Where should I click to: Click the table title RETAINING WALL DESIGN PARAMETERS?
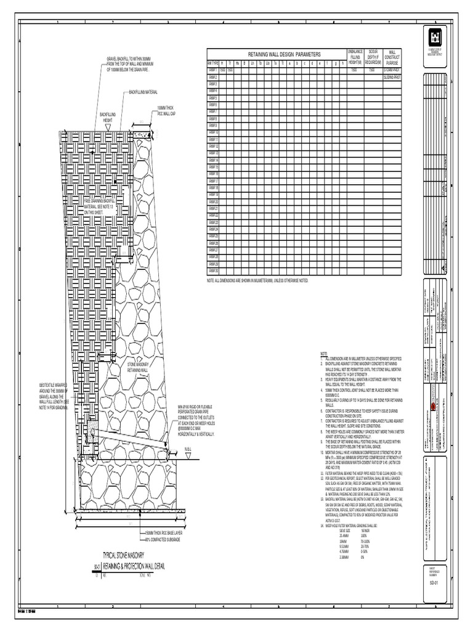tap(285, 55)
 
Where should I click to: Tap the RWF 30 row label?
tap(213, 271)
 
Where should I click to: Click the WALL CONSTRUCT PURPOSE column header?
tap(392, 57)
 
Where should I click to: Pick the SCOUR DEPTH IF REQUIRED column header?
tap(372, 57)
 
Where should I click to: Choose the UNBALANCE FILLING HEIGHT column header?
tap(355, 57)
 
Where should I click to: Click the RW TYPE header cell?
tap(213, 63)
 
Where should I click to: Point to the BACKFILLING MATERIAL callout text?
tap(143, 92)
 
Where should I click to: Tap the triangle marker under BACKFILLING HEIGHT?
tap(108, 128)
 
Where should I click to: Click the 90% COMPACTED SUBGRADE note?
tap(162, 539)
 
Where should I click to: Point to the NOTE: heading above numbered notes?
tap(324, 353)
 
